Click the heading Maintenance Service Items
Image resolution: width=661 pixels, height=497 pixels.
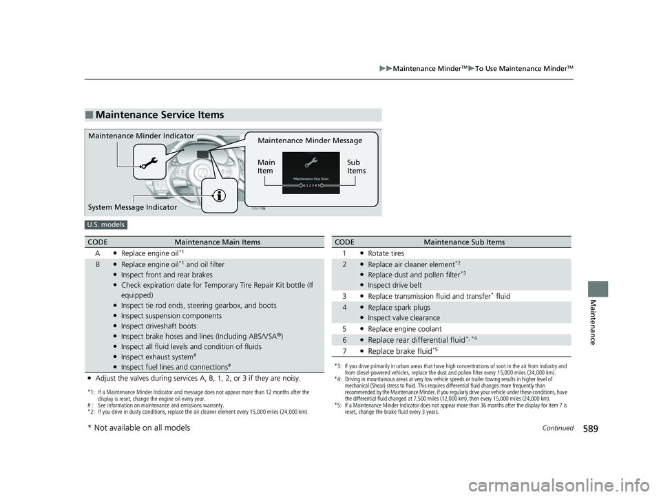(x=160, y=115)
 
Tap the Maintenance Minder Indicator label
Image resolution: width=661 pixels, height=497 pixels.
(x=141, y=136)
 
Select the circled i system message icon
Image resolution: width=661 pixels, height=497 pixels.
(x=220, y=195)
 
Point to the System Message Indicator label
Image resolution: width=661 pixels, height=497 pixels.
(x=132, y=207)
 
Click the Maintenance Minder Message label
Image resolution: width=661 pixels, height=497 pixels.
(x=309, y=141)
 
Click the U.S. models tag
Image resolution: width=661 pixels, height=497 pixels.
(x=105, y=224)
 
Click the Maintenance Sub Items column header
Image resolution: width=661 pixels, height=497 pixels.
(x=464, y=242)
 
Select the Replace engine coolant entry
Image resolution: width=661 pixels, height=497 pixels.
(x=406, y=328)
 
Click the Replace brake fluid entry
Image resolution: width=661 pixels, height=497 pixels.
(x=401, y=351)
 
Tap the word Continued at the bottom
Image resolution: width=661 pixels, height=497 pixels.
(x=558, y=428)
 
